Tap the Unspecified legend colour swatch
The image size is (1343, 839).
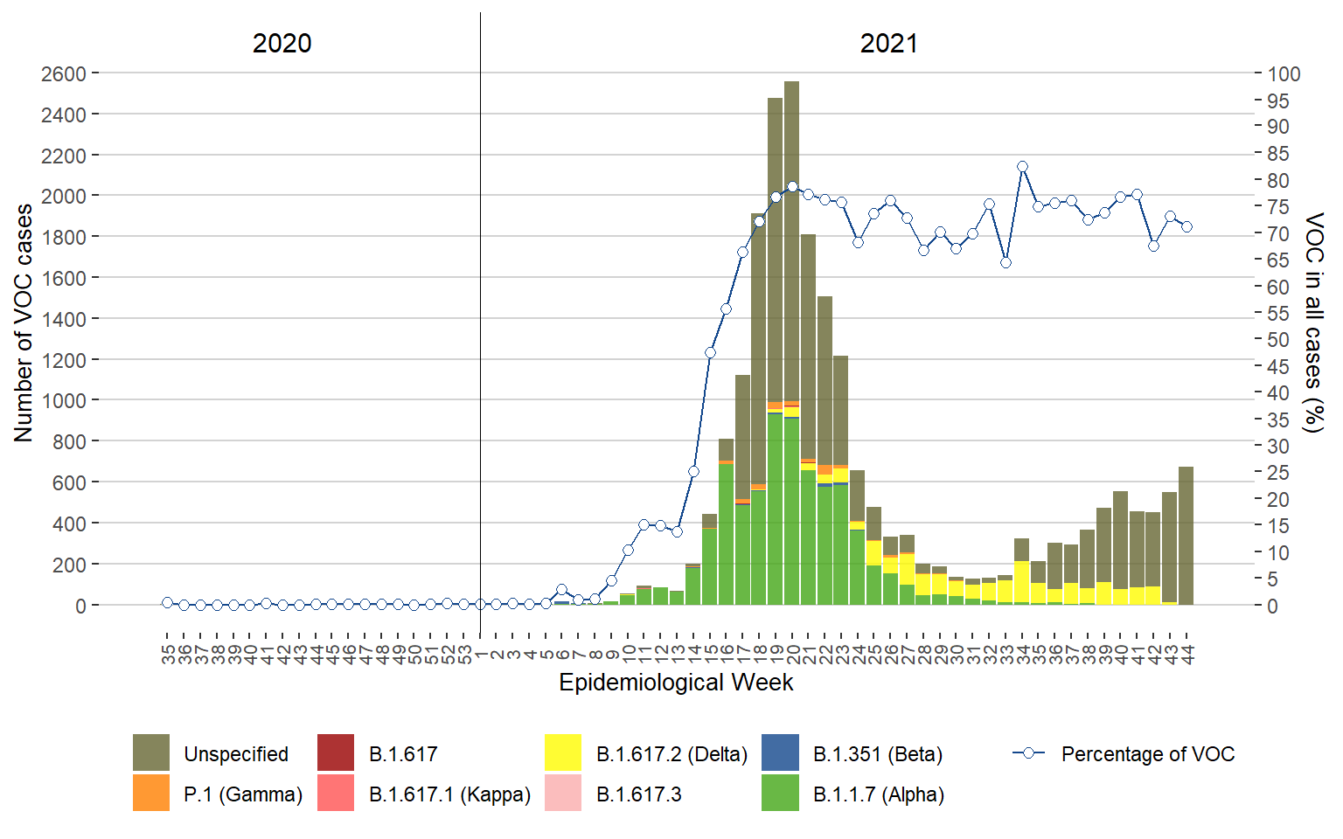pos(150,753)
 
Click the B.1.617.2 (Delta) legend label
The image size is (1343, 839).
pos(671,754)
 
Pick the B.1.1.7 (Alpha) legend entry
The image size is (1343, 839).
pos(878,794)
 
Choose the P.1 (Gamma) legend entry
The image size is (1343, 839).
pos(242,794)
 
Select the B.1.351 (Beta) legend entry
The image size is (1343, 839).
pos(877,754)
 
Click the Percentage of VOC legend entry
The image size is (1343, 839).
pos(1147,754)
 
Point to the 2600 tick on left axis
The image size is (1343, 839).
pos(63,73)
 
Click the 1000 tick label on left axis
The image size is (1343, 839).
pos(63,400)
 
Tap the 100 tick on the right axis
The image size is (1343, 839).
pos(1284,73)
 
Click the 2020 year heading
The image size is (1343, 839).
pos(282,44)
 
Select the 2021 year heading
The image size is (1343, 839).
pos(888,44)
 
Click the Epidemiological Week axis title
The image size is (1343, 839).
pos(676,683)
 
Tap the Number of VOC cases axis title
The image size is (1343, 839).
pos(24,323)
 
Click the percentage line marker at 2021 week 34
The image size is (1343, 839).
pos(1022,167)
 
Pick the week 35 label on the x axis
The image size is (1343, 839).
pos(168,654)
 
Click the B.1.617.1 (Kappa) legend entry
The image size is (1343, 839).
pos(449,794)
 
